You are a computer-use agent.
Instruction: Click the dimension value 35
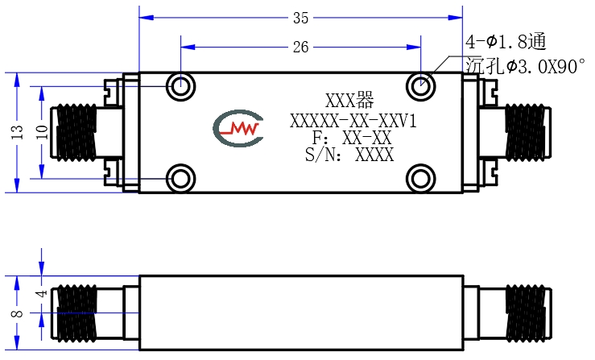tap(300, 18)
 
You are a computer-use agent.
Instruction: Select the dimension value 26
tap(300, 47)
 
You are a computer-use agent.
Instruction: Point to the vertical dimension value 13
tap(18, 132)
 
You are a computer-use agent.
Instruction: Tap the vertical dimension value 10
tap(43, 132)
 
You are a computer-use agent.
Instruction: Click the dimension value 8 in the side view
tap(18, 313)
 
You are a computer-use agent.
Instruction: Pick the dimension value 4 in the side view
tap(42, 293)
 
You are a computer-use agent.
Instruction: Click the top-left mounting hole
tap(180, 86)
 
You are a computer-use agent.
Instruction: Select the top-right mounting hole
tap(420, 86)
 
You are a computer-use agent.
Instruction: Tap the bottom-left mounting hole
tap(180, 179)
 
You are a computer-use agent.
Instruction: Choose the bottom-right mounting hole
tap(420, 179)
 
